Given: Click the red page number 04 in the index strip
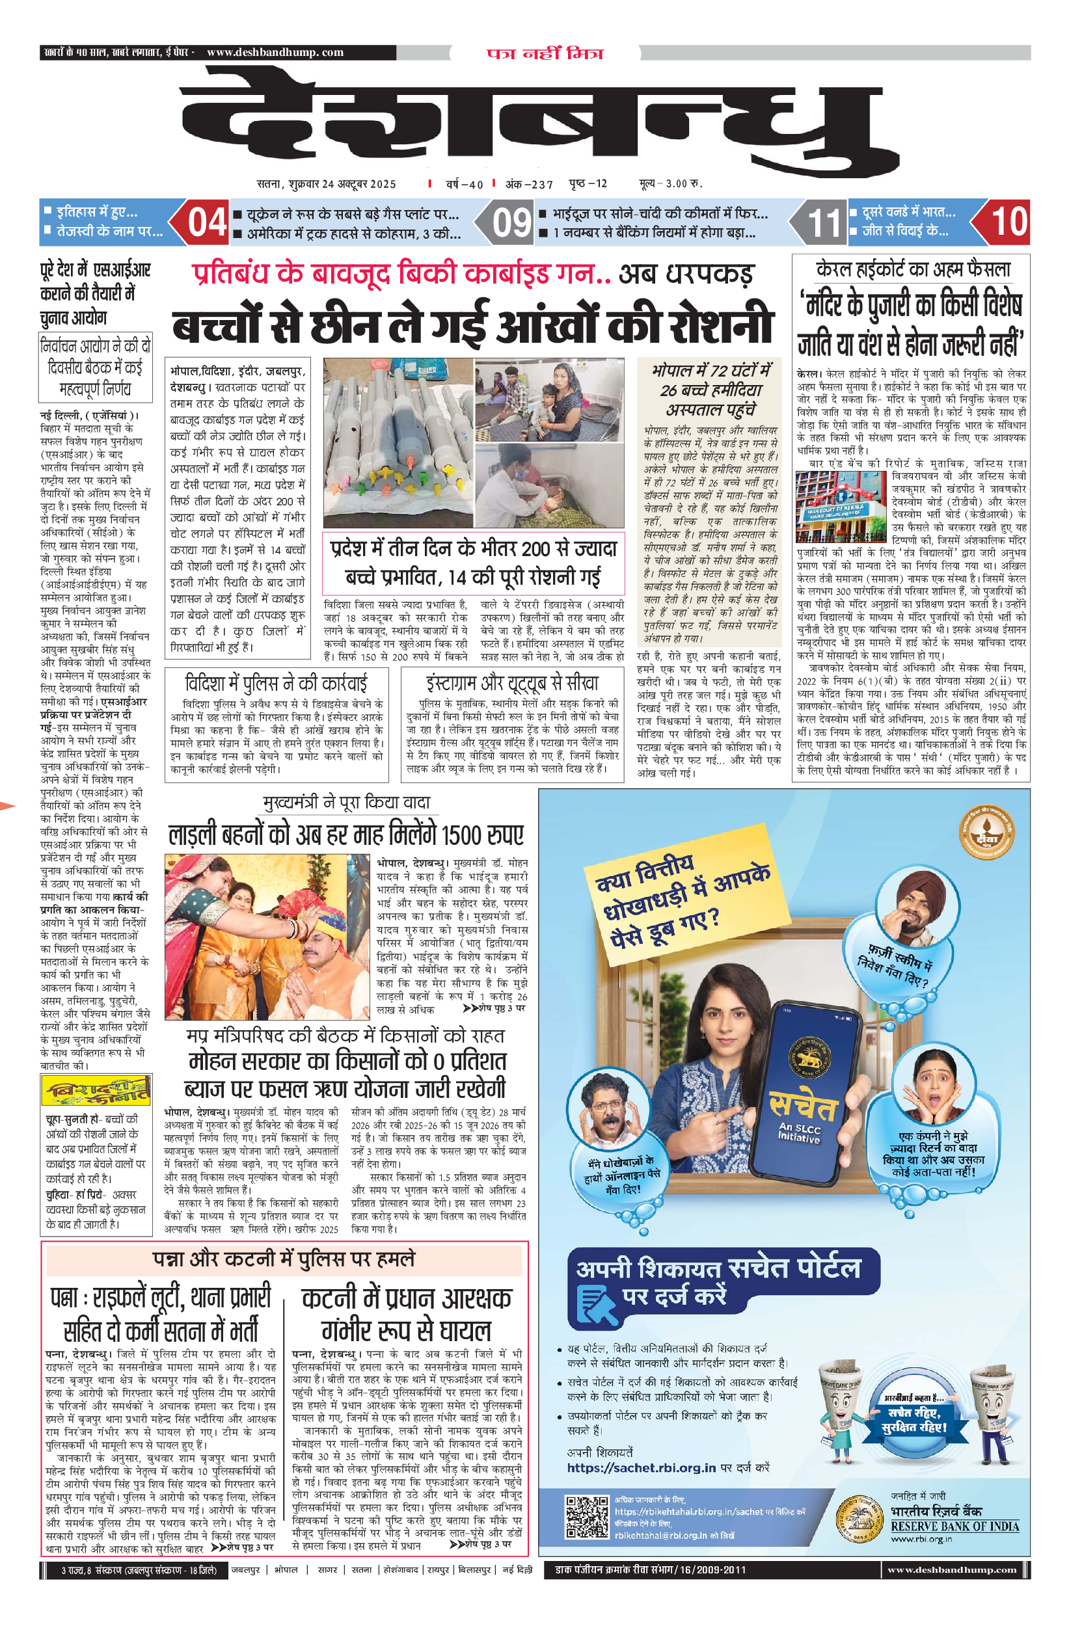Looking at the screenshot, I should pos(207,222).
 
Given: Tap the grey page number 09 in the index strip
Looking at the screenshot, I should pos(511,222).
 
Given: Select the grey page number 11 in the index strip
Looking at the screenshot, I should pos(824,223).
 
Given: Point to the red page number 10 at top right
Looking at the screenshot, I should pos(1008,222).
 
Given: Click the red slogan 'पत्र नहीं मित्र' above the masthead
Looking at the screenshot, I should pos(545,53).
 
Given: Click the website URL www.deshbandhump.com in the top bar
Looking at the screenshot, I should pos(275,53).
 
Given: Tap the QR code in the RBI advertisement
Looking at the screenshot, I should pos(586,1516).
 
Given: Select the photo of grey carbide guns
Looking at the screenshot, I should pos(398,442).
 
